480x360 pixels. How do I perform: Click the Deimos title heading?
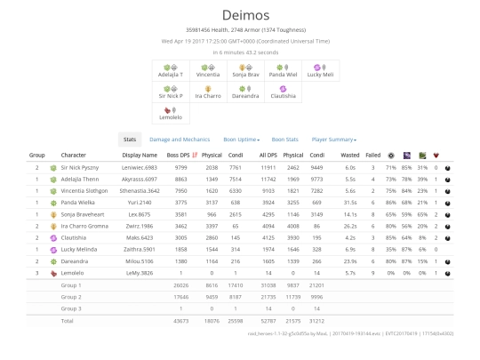[x=239, y=14]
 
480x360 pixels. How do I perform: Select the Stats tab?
[x=130, y=140]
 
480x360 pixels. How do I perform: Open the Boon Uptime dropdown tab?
[x=242, y=140]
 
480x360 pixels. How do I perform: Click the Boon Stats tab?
[x=285, y=140]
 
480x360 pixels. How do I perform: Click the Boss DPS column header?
[x=180, y=156]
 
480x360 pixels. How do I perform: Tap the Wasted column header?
[x=349, y=156]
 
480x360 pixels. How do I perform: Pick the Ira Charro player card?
[x=208, y=92]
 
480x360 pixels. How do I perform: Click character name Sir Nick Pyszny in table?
[x=81, y=167]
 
